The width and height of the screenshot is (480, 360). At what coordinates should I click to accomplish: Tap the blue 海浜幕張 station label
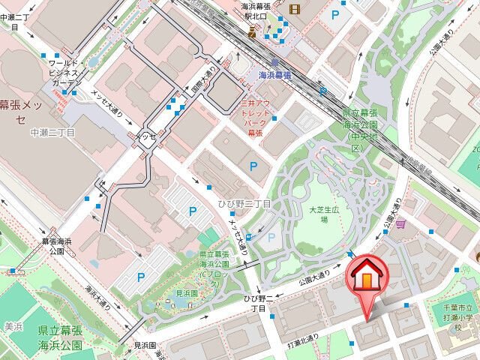tap(275, 75)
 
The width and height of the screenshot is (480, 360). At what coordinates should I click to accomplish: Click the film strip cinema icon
tap(293, 9)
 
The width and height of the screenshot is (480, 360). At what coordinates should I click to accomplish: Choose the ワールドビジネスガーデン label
tap(65, 73)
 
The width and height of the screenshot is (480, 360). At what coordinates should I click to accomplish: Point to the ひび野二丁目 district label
tap(250, 204)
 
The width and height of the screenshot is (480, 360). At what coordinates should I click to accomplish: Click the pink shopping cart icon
tap(403, 223)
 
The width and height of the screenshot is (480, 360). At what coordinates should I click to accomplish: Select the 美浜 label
tap(12, 325)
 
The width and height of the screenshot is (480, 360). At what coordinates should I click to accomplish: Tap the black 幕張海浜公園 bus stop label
tap(57, 247)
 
